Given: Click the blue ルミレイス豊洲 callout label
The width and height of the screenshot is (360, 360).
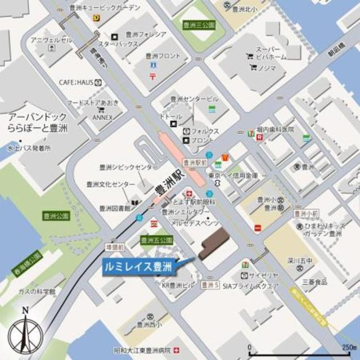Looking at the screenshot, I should (x=139, y=266).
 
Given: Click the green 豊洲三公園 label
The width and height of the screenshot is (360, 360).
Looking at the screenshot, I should (x=200, y=25).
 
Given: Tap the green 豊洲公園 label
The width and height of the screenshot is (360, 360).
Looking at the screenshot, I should (x=55, y=215).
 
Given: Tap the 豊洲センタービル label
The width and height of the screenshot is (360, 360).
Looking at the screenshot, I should (x=193, y=99).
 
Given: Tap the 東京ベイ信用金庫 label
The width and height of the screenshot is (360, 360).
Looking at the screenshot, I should (x=232, y=175).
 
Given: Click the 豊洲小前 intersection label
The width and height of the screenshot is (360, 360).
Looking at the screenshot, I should (x=306, y=213).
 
